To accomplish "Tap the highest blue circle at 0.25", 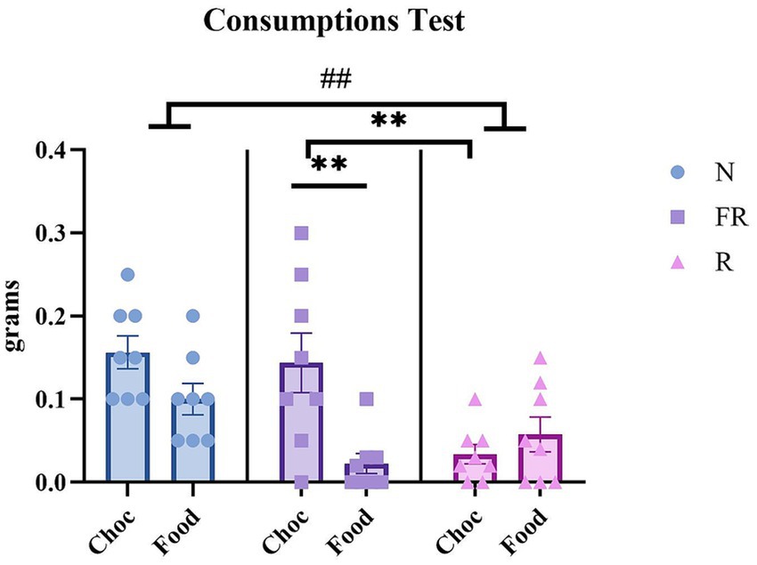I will (x=127, y=275).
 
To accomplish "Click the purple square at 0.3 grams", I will (x=301, y=233).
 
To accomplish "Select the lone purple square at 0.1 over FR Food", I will (x=367, y=399).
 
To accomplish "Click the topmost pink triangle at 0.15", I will (x=539, y=359).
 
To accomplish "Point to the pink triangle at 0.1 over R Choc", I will (x=476, y=400).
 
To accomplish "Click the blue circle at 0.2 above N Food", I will (x=192, y=316).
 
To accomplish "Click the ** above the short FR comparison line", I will (x=329, y=165).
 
